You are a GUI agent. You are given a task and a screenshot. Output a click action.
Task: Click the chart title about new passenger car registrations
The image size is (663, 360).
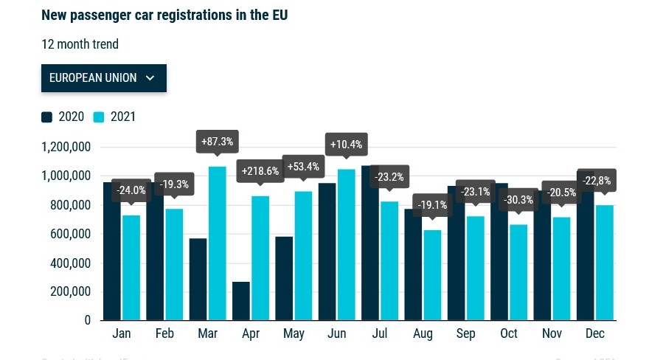(x=164, y=15)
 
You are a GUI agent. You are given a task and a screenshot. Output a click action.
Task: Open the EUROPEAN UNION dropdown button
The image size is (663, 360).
(x=103, y=77)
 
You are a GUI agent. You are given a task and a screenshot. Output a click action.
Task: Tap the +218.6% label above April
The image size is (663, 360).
(x=260, y=171)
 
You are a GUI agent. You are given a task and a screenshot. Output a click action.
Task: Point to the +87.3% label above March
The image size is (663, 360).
(x=217, y=140)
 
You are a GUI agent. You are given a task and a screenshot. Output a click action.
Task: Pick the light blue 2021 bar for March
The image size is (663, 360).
(x=217, y=243)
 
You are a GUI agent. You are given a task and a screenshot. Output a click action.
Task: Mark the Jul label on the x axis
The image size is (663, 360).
(x=380, y=334)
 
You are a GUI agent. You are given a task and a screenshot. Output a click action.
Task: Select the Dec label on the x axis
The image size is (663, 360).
(x=594, y=334)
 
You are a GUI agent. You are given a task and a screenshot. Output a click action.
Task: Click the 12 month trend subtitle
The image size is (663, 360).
(x=80, y=44)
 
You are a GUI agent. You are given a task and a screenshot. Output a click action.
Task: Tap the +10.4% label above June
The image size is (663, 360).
(x=346, y=144)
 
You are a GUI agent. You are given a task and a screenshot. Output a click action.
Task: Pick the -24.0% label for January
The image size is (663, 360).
(x=131, y=190)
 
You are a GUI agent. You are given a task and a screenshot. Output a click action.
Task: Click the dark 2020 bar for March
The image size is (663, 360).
(x=198, y=280)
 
